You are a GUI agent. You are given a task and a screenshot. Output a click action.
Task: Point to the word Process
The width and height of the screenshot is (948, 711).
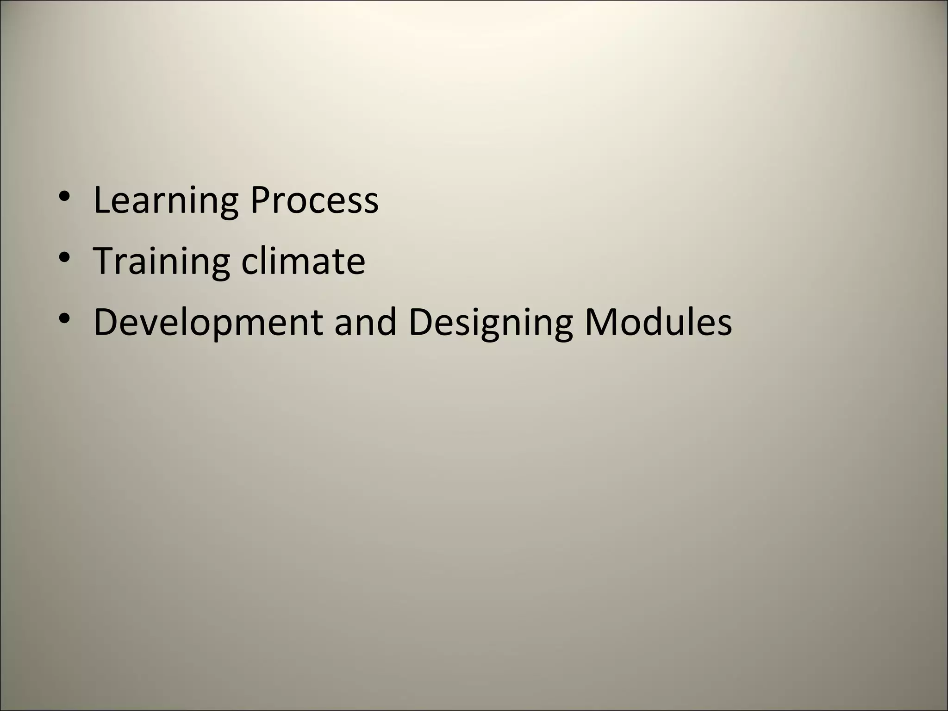point(314,200)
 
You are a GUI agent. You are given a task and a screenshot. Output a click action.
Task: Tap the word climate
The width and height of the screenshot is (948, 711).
point(303,261)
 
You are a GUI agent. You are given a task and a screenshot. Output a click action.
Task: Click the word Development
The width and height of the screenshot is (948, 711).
point(208,323)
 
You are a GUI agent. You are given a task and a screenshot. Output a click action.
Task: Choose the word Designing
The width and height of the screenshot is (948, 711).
point(490,323)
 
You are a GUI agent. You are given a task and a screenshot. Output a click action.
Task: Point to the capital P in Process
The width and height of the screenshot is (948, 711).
point(260,200)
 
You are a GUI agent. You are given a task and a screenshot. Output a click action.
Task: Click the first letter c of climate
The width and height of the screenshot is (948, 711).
point(249,263)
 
